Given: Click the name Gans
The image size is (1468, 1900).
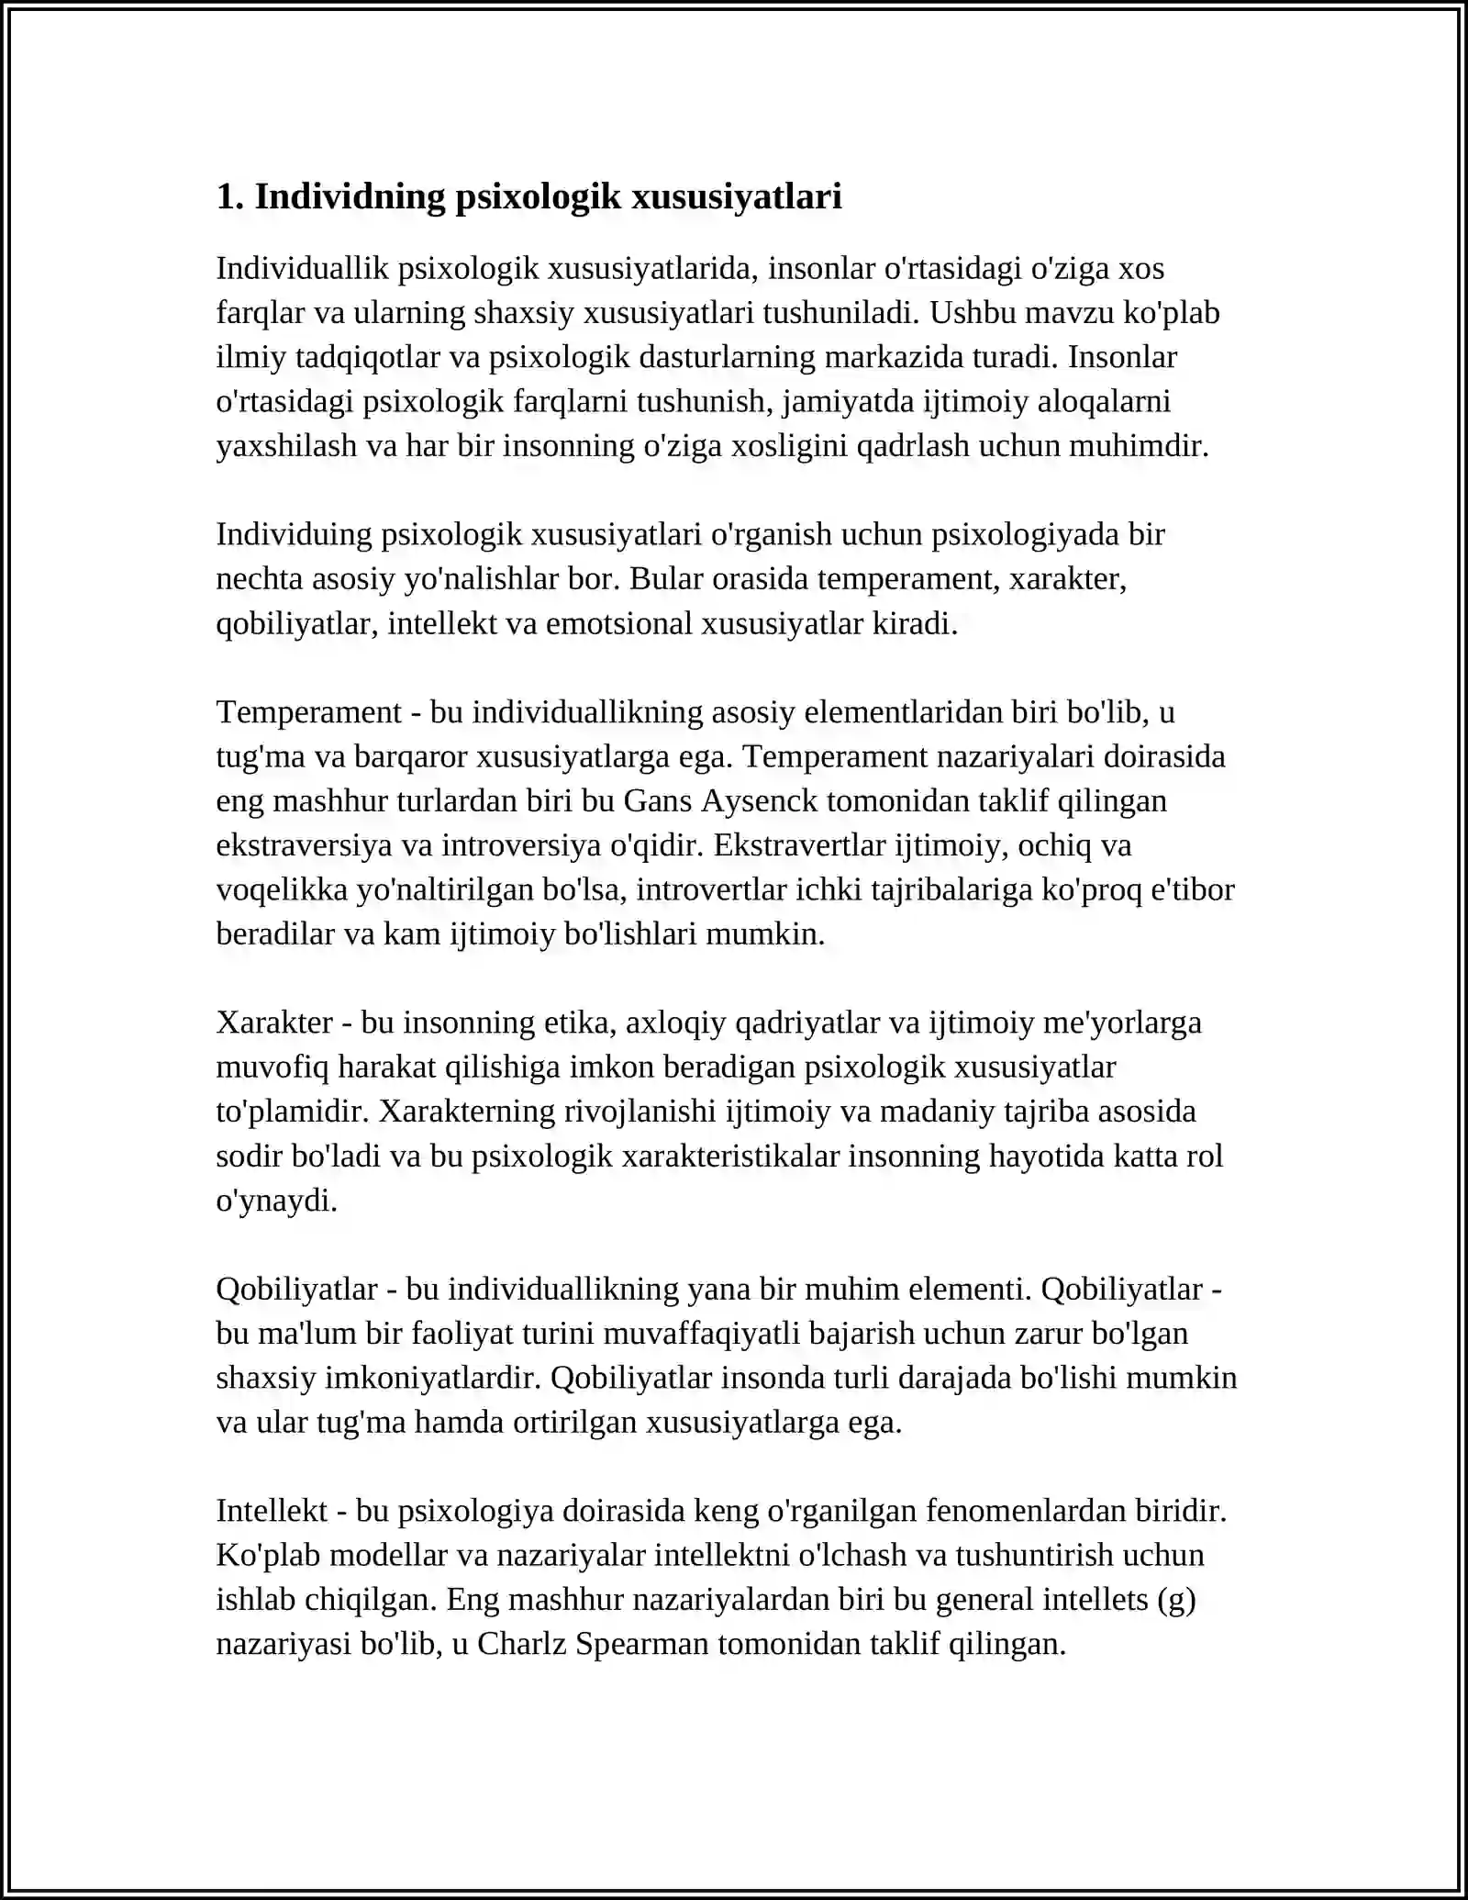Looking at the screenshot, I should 658,800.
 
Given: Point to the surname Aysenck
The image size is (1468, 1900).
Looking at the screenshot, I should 759,800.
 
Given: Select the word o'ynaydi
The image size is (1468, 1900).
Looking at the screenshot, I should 276,1200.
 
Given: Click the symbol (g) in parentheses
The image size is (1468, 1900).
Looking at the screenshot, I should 1176,1599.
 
